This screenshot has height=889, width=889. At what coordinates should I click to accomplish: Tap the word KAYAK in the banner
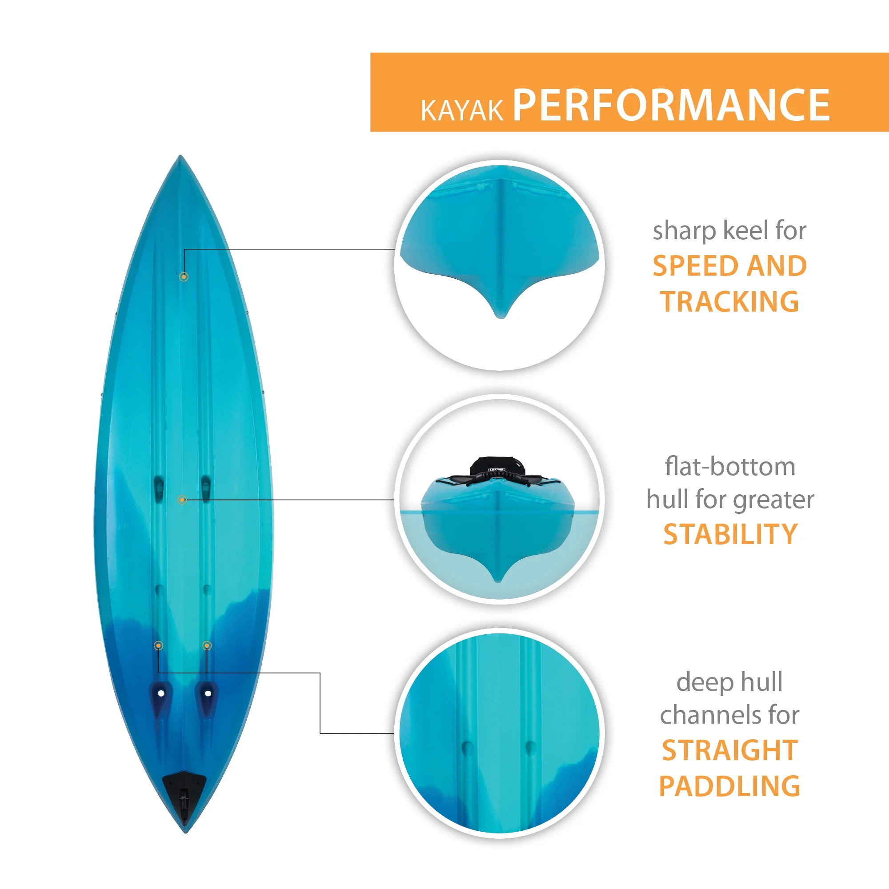coord(462,110)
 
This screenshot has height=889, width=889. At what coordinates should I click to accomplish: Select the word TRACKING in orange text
coord(730,302)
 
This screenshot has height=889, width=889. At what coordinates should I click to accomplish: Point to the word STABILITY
coord(730,534)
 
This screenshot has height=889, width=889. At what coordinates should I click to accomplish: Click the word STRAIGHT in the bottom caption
coord(730,750)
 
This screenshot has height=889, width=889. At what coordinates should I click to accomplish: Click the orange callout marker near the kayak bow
coord(184,276)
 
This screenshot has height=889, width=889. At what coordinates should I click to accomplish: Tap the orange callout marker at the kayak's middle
coord(182,500)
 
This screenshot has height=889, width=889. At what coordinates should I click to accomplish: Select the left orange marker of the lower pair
coord(158,645)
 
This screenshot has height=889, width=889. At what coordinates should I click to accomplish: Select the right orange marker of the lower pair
coord(207,645)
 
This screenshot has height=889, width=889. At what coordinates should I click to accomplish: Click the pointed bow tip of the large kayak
coord(180,156)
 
